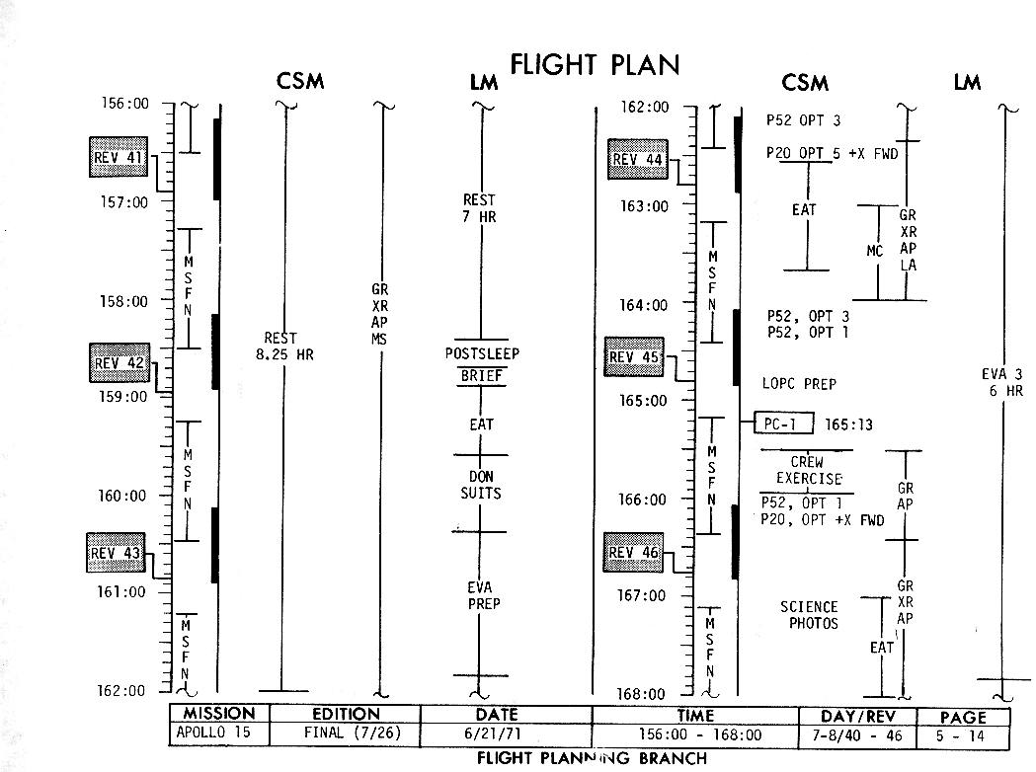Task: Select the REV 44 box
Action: pos(639,160)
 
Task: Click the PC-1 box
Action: pos(783,425)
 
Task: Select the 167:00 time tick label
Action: pos(643,595)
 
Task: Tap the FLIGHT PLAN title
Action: pos(595,65)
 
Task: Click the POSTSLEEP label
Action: pos(482,354)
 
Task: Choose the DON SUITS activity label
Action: pos(481,485)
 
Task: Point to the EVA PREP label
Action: pos(482,596)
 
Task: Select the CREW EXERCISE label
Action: pos(807,471)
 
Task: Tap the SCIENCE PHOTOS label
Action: pos(809,615)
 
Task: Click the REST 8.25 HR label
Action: pos(282,347)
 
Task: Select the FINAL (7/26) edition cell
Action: pos(346,734)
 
